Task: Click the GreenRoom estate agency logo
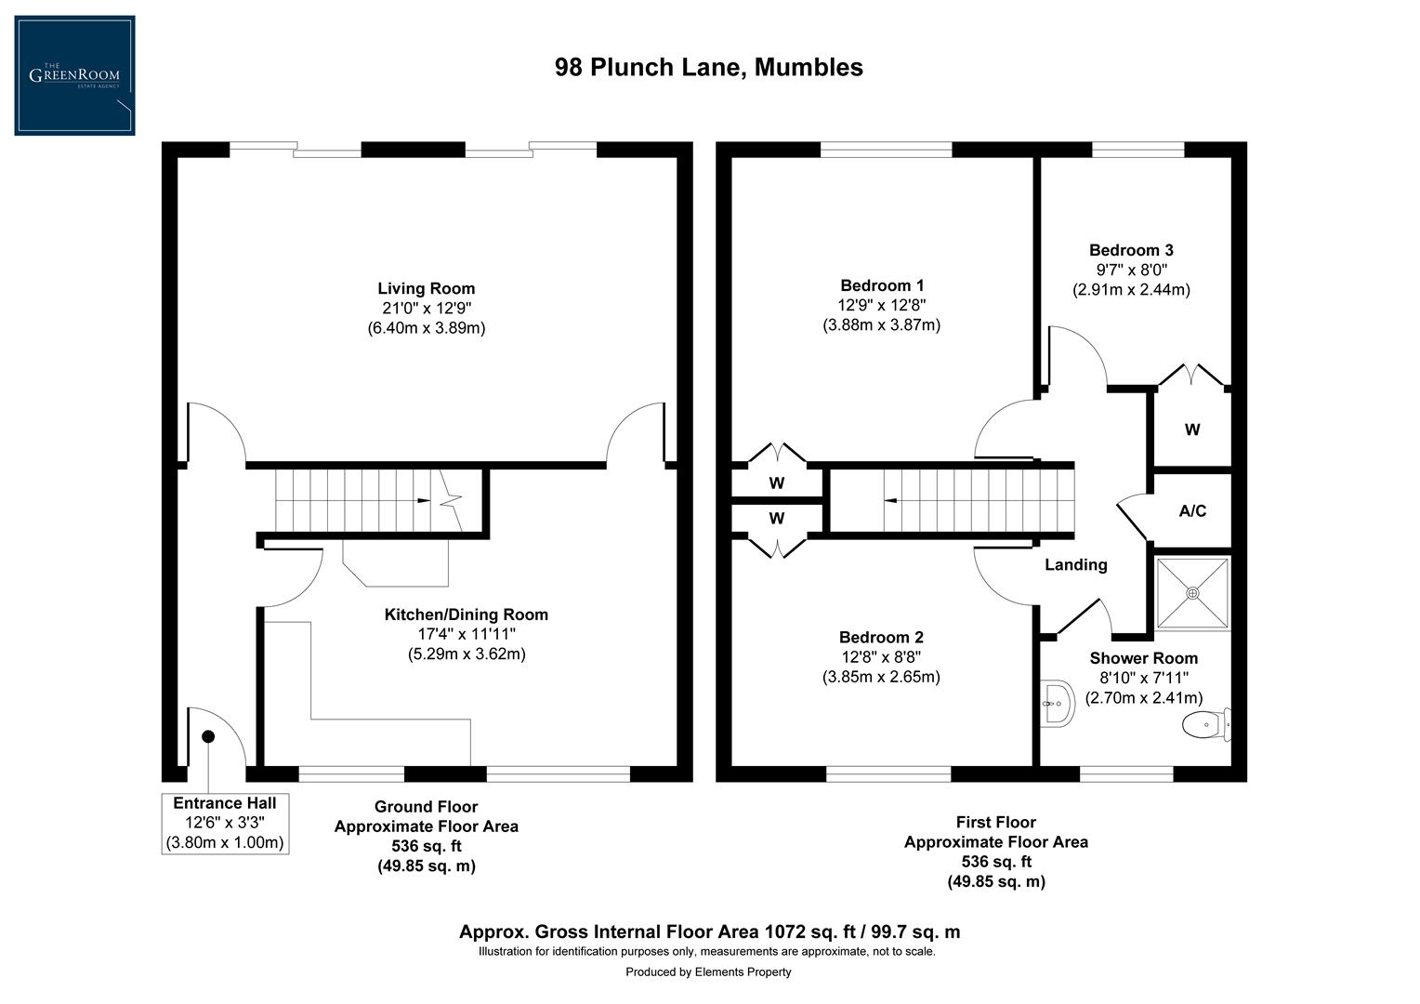click(74, 75)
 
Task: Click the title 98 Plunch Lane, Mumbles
click(708, 68)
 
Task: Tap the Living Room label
click(426, 288)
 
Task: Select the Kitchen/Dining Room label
click(466, 614)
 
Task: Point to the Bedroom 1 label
click(881, 285)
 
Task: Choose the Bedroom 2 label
click(880, 637)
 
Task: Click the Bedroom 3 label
click(1130, 250)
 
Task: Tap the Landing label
click(1075, 564)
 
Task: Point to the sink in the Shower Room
click(1056, 703)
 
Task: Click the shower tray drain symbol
click(1192, 592)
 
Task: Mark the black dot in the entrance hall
click(208, 736)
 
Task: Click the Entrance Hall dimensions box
click(224, 824)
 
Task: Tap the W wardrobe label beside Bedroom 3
click(1191, 429)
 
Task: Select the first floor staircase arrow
click(890, 501)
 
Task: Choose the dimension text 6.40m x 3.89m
click(426, 328)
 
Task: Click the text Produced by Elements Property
click(708, 972)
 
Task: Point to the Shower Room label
click(1143, 658)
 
